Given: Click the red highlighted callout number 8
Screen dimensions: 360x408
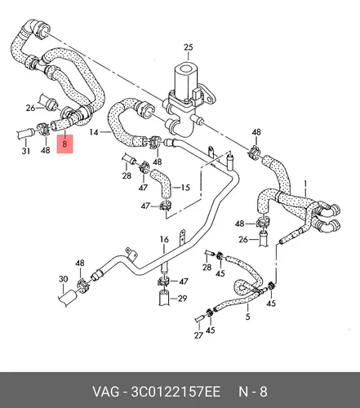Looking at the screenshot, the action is pos(64,144).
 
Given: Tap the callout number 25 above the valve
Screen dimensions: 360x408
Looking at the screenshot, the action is pos(189,47).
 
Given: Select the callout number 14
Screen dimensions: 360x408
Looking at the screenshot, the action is pos(94,132).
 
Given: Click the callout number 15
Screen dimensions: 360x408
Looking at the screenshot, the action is pos(185,188).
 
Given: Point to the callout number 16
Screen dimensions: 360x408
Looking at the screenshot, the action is pos(164,240).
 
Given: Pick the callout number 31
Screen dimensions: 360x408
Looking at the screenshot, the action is pos(26,150).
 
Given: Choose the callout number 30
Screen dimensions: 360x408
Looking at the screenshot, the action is pos(63,279).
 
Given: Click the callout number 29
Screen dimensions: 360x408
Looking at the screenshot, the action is pos(182,299).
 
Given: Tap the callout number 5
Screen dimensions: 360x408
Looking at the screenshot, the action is pos(247,317).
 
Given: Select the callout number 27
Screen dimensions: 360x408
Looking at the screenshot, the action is pos(198,335).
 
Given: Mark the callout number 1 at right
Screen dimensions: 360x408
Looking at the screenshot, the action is pos(305,184).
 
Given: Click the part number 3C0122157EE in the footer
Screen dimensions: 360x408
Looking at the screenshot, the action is pos(176,392).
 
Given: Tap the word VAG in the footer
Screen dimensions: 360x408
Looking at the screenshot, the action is pos(106,392).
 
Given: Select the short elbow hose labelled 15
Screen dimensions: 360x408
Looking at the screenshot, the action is pos(162,184).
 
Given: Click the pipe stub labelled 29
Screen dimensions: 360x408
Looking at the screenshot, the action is pos(164,298).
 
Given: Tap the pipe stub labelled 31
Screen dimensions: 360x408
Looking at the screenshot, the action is pos(25,134).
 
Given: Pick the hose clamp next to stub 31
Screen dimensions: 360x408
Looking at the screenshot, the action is pos(44,128).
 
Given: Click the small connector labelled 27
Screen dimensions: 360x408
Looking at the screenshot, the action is pos(200,318).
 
